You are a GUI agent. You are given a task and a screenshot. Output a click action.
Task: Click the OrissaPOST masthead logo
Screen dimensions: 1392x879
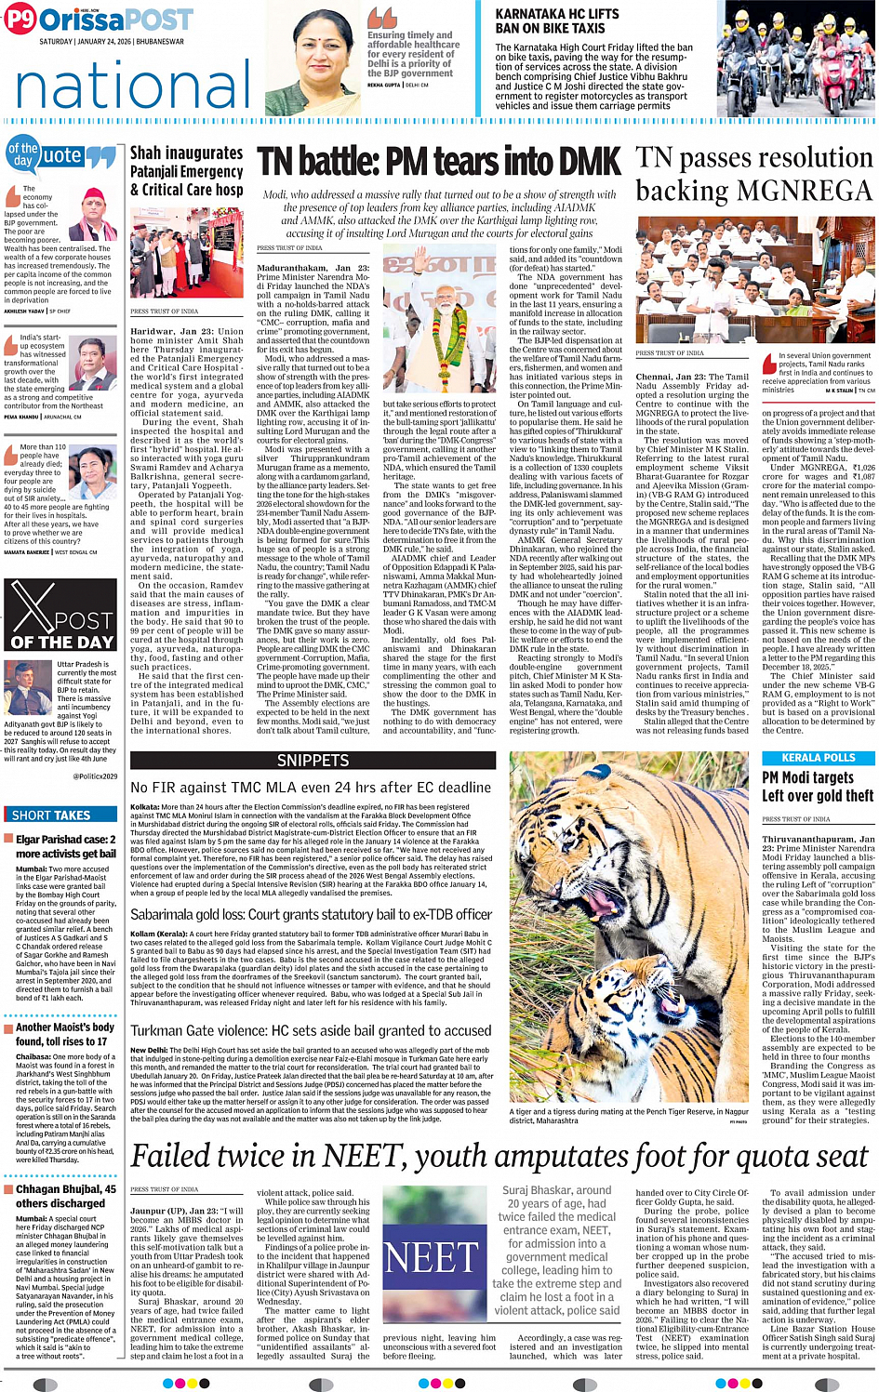(98, 20)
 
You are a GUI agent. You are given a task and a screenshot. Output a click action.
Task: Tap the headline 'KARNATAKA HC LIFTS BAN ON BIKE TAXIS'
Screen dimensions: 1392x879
(556, 21)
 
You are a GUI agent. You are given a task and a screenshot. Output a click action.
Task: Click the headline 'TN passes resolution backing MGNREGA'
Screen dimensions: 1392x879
(753, 174)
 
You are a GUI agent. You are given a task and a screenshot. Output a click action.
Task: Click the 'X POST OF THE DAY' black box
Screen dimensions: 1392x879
(60, 614)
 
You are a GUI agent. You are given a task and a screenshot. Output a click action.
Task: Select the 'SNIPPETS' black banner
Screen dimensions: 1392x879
(313, 761)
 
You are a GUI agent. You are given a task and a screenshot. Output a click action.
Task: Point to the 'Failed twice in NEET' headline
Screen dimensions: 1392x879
(499, 1156)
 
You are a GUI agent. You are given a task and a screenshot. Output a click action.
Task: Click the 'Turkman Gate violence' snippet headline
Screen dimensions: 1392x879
(311, 1030)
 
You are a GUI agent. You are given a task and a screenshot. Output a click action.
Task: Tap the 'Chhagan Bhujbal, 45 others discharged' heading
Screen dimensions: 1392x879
(66, 1196)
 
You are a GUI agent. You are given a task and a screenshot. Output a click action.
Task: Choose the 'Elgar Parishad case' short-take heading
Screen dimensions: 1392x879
(66, 846)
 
